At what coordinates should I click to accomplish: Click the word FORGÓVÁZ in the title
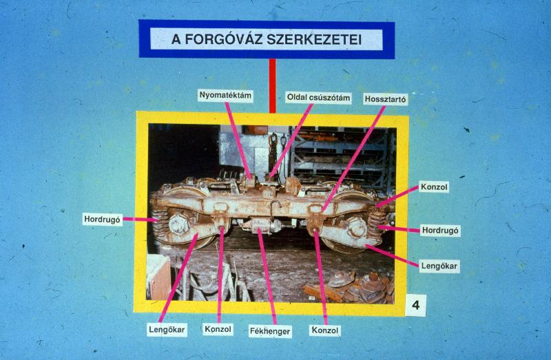[x=223, y=39]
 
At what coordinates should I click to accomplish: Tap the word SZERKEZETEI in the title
[x=314, y=39]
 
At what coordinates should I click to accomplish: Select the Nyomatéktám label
[x=225, y=95]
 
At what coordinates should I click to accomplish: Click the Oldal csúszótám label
[x=318, y=97]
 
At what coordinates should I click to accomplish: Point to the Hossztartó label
[x=386, y=99]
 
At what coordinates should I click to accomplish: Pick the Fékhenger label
[x=270, y=331]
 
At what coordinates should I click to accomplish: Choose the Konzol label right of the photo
[x=435, y=187]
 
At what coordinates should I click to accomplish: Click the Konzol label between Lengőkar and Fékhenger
[x=218, y=330]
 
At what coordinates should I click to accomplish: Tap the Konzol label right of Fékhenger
[x=325, y=330]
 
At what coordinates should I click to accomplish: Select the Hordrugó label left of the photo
[x=102, y=220]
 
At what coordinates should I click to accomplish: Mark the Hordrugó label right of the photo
[x=440, y=231]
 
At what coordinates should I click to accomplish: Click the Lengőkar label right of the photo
[x=439, y=266]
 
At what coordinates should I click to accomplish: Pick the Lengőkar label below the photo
[x=167, y=330]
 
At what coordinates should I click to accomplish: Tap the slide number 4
[x=416, y=305]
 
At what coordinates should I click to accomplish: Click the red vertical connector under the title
[x=272, y=85]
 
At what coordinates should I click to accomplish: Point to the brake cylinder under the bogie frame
[x=262, y=226]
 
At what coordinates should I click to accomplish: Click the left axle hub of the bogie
[x=179, y=224]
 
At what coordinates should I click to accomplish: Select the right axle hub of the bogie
[x=357, y=228]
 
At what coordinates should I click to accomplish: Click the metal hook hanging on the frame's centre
[x=275, y=207]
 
